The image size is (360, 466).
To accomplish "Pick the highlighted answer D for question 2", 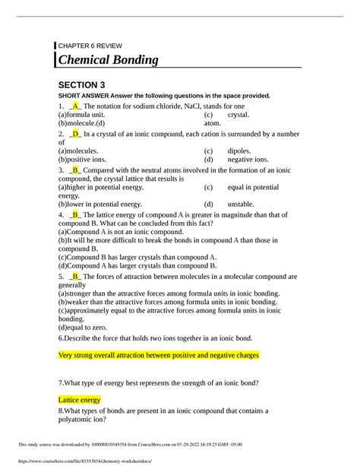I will [x=76, y=134].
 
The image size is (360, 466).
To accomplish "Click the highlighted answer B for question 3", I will [x=75, y=171].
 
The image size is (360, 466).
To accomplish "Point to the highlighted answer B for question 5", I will [x=75, y=277].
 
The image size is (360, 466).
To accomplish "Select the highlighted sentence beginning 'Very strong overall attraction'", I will [x=159, y=355].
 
